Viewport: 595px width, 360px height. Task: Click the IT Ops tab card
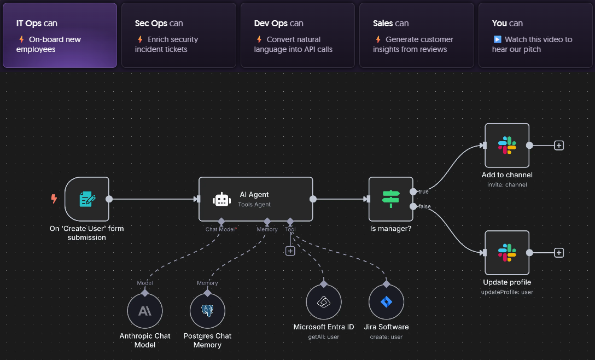pyautogui.click(x=60, y=36)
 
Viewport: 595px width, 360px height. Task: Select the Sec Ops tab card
pyautogui.click(x=178, y=36)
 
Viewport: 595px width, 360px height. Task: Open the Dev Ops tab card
pyautogui.click(x=297, y=36)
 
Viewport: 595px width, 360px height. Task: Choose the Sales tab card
pyautogui.click(x=416, y=36)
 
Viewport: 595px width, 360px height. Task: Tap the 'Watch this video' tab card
pyautogui.click(x=535, y=36)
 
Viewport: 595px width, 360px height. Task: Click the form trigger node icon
pyautogui.click(x=87, y=199)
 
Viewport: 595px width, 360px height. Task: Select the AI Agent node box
pyautogui.click(x=255, y=199)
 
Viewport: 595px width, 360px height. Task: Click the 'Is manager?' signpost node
pyautogui.click(x=390, y=199)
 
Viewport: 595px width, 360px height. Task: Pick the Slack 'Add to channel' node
pyautogui.click(x=507, y=146)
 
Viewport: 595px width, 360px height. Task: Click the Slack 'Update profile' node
pyautogui.click(x=507, y=253)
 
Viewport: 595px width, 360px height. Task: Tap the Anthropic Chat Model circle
pyautogui.click(x=145, y=311)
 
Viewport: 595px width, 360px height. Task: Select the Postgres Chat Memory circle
pyautogui.click(x=207, y=311)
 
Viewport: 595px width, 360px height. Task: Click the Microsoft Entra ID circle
pyautogui.click(x=324, y=302)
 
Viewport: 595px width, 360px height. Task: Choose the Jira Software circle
pyautogui.click(x=386, y=302)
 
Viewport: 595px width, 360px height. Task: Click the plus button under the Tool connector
pyautogui.click(x=290, y=251)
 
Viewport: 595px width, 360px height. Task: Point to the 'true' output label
pyautogui.click(x=423, y=192)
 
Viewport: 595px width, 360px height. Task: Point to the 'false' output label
pyautogui.click(x=424, y=206)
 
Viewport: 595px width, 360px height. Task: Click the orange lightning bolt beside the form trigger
pyautogui.click(x=54, y=199)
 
